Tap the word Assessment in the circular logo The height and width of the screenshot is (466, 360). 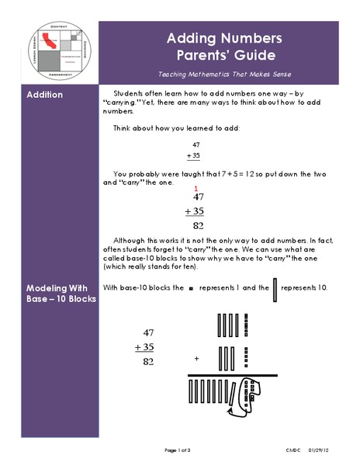point(60,79)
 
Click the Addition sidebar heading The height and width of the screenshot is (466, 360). point(45,96)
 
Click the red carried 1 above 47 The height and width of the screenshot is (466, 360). point(196,189)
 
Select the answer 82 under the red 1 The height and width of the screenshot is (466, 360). point(198,226)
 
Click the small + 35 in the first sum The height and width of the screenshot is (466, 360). point(196,155)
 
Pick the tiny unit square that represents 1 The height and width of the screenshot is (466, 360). point(191,288)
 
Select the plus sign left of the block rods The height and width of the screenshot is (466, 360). point(196,359)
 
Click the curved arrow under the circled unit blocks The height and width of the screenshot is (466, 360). point(252,396)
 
